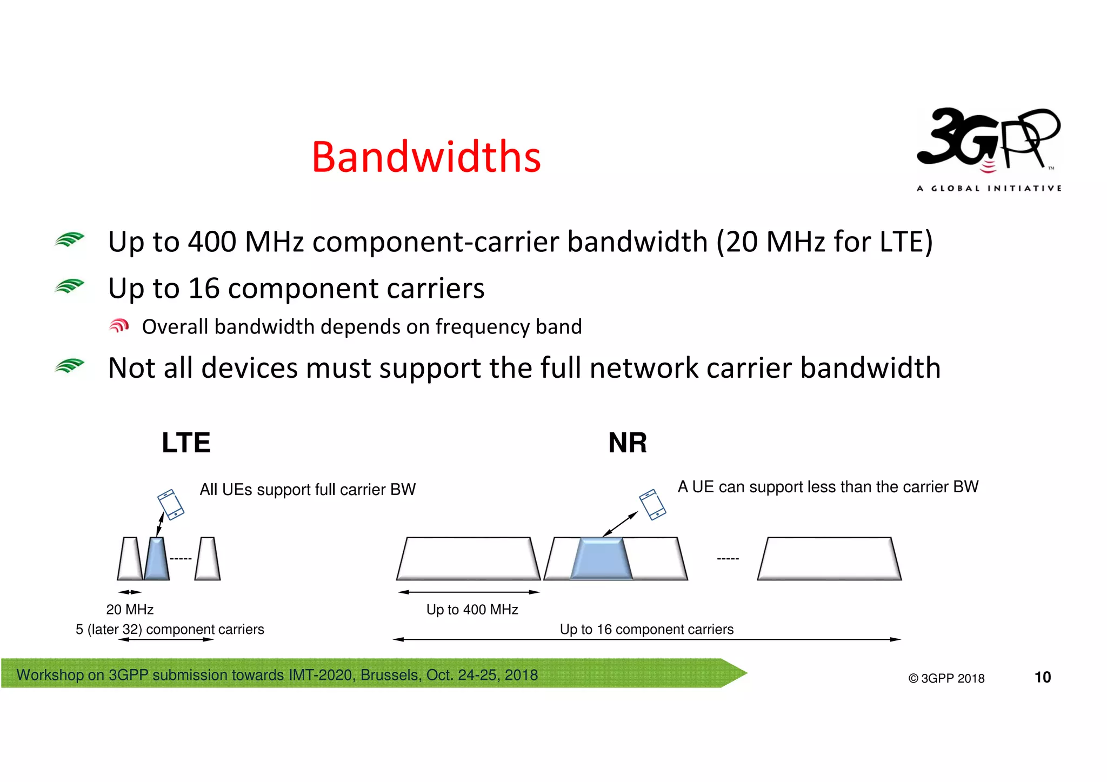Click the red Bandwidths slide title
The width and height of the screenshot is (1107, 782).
tap(426, 157)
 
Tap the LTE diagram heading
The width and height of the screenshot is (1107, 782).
tap(186, 443)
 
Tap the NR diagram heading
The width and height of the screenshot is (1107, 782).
tap(627, 443)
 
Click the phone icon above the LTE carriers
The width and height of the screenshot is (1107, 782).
tap(171, 504)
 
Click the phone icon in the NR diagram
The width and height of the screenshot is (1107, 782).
tap(652, 504)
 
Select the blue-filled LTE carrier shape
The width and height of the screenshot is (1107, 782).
tap(157, 559)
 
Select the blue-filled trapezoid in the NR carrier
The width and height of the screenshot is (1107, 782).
tap(601, 559)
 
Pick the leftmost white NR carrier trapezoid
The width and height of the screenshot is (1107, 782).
tap(468, 559)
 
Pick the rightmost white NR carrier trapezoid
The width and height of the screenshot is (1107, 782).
tap(829, 559)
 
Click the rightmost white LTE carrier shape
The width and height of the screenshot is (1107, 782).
tap(208, 559)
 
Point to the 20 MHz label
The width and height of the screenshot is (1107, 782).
tap(130, 610)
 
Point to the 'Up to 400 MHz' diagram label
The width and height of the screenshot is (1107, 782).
tap(472, 610)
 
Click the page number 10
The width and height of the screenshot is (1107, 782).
tap(1042, 677)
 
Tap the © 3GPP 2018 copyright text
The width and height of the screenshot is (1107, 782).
tap(946, 678)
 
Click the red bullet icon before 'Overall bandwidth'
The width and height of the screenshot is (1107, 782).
tap(119, 326)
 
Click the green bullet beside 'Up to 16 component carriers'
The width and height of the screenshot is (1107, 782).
tap(70, 286)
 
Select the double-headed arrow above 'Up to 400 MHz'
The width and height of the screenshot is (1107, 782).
tap(469, 592)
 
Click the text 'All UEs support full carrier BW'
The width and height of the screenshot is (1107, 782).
tap(308, 490)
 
